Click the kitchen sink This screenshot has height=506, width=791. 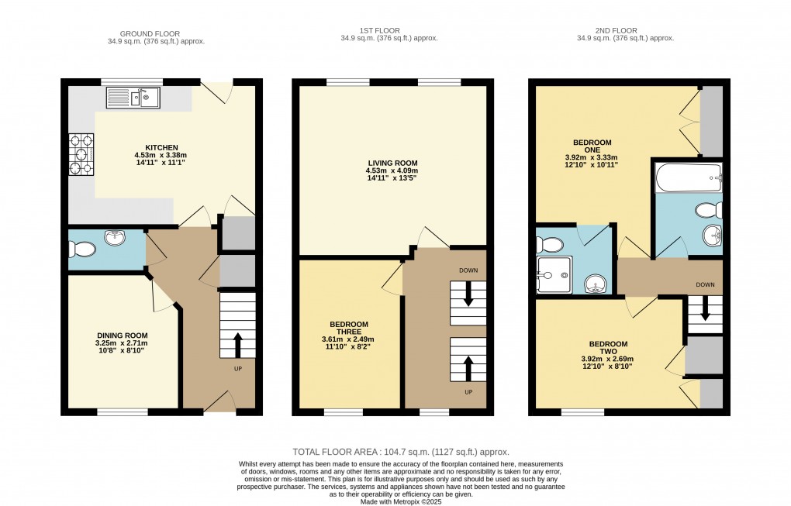(133, 97)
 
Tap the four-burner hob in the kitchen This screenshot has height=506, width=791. (82, 154)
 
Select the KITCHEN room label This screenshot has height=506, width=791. (162, 147)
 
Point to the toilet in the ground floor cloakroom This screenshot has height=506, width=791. (81, 249)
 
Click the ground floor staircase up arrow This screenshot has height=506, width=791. (237, 342)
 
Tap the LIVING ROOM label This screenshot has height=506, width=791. (392, 162)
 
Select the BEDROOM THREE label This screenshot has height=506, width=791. (348, 329)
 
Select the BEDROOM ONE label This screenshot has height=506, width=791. (592, 143)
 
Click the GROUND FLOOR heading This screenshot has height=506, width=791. (150, 33)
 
